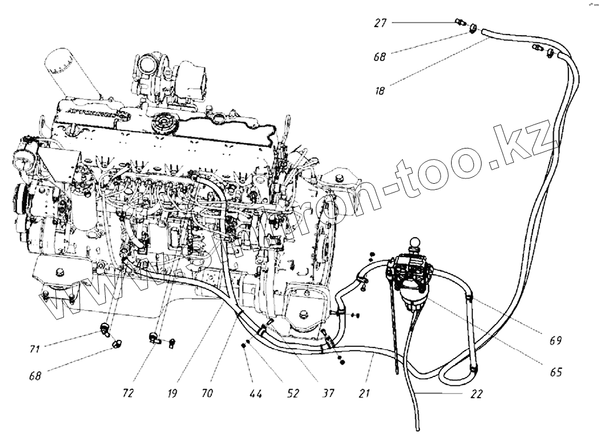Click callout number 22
pos(476,394)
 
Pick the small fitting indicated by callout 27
pos(460,23)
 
